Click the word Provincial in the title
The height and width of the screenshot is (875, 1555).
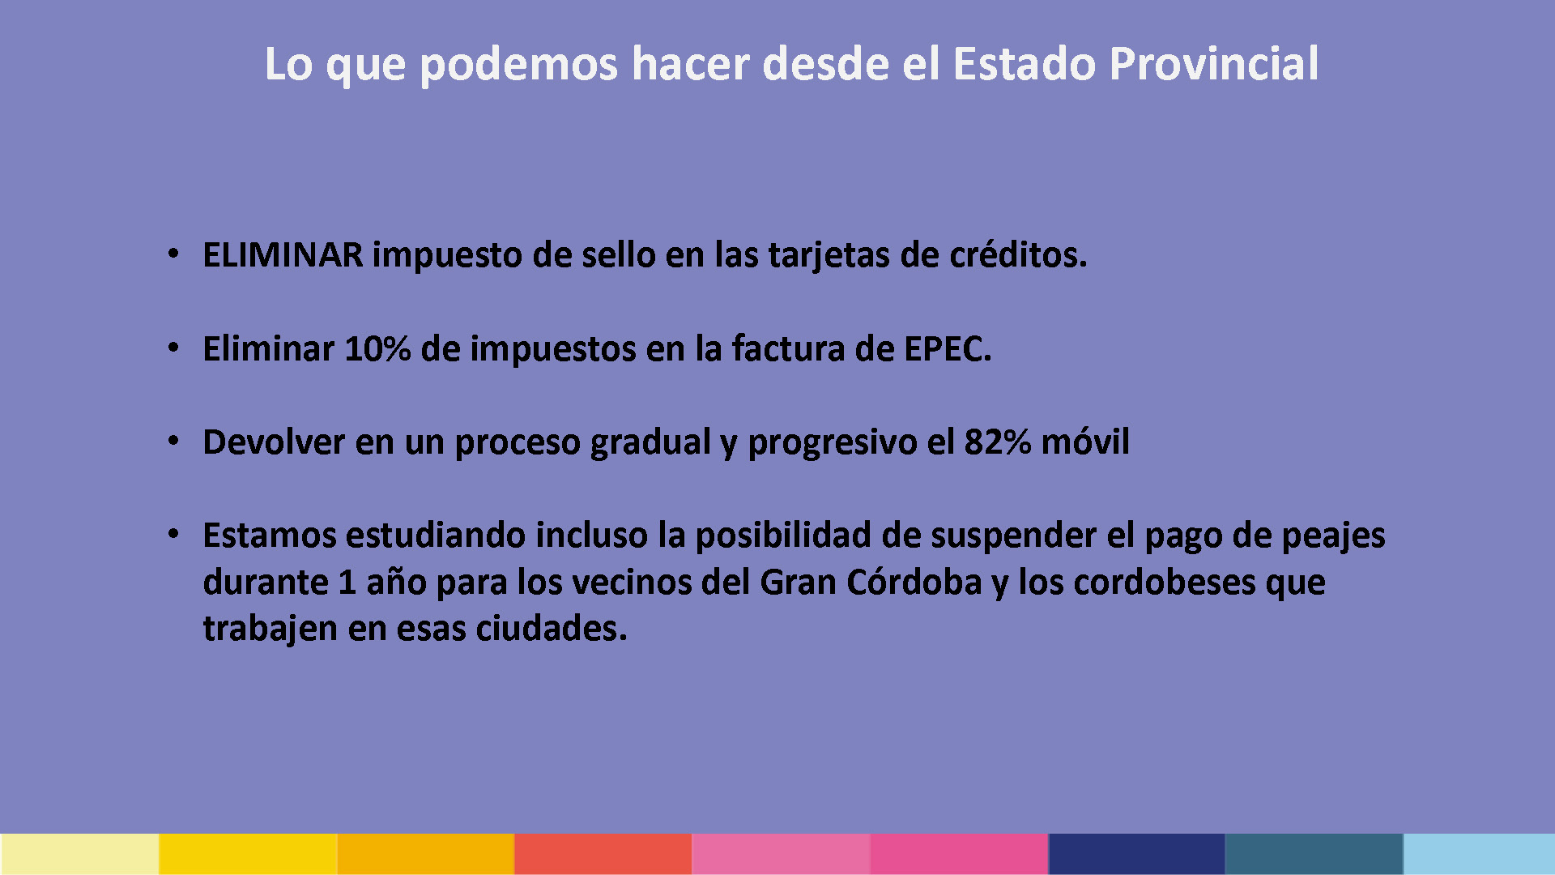coord(1214,64)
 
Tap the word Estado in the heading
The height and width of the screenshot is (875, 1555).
coord(1025,64)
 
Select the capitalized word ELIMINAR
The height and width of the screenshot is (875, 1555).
coord(283,255)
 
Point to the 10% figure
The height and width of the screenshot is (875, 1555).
coord(377,349)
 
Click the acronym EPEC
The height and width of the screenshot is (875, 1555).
coord(948,349)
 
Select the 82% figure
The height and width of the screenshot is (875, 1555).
coord(998,442)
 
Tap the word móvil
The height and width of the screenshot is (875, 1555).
coord(1085,442)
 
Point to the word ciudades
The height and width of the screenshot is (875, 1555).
coord(552,629)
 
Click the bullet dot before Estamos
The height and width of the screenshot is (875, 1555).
coord(173,535)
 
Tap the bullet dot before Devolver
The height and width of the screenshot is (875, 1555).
coord(173,442)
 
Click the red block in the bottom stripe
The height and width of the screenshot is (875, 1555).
coord(603,854)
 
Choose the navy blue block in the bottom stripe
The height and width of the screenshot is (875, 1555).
coord(1136,854)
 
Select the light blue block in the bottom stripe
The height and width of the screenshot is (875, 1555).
coord(1479,854)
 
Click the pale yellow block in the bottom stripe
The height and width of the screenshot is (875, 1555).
coord(79,854)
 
